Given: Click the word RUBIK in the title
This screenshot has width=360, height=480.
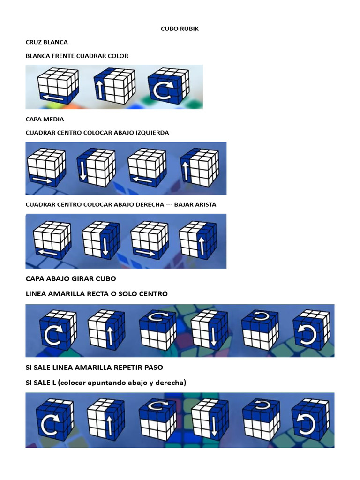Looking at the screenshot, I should (189, 29).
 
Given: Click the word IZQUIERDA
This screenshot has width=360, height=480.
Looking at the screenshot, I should (151, 133).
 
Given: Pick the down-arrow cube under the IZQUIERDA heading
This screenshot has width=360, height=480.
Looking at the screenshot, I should (95, 167).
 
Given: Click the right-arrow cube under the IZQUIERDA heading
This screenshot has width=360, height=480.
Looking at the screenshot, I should (45, 167).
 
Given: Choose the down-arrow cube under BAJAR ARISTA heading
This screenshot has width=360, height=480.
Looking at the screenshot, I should (101, 240).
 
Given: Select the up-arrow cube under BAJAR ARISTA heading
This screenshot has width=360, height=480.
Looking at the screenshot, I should (198, 240).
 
